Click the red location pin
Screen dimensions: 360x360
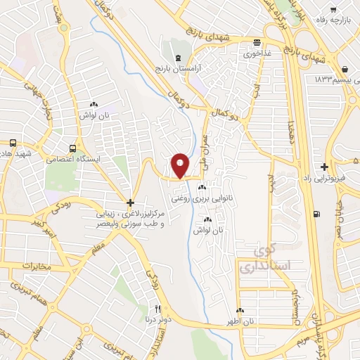click(180, 165)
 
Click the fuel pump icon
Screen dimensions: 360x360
click(319, 214)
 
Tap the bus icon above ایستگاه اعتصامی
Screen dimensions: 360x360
click(72, 148)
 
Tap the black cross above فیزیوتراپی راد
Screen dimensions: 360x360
click(323, 167)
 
